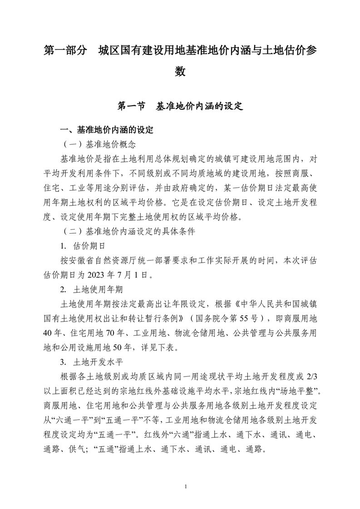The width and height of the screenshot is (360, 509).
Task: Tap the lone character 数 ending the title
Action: [180, 72]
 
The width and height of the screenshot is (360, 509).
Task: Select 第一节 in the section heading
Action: [131, 107]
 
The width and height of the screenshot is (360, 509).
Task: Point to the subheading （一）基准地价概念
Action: [97, 145]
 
